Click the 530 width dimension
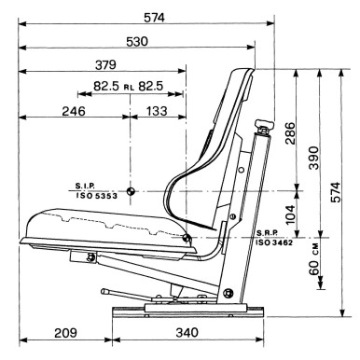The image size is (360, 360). pos(137,41)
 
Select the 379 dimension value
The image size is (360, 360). pos(105,65)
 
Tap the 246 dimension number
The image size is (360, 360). pos(74,111)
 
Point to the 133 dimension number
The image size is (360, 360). pos(157,111)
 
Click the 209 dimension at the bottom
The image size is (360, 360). pos(65,333)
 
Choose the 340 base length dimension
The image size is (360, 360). pos(187,333)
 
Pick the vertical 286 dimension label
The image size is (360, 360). pos(289,133)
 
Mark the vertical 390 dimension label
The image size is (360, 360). pos(313,158)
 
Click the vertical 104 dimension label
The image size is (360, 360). pos(290,215)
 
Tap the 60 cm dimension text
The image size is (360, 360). pos(314,259)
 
